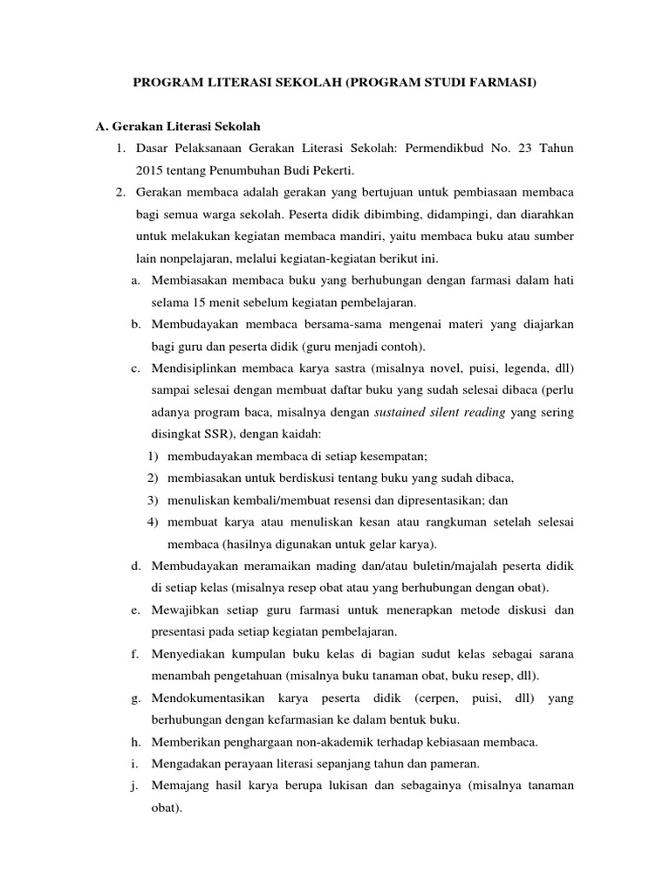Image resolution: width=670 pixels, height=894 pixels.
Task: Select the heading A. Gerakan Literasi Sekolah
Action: coord(178,127)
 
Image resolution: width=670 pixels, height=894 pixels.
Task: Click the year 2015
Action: coord(149,169)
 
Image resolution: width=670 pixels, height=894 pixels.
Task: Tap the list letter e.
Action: coord(136,610)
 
